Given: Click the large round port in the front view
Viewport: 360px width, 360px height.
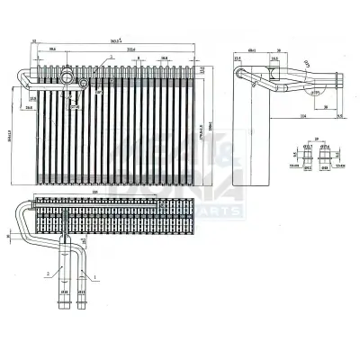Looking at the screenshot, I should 66,78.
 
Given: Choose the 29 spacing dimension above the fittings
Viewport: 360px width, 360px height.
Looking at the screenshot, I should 317,138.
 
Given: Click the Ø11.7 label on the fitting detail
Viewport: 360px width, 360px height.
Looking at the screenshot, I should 310,146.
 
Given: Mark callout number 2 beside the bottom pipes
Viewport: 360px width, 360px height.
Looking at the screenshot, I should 40,272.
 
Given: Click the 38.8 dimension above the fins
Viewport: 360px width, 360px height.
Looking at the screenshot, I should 164,58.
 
